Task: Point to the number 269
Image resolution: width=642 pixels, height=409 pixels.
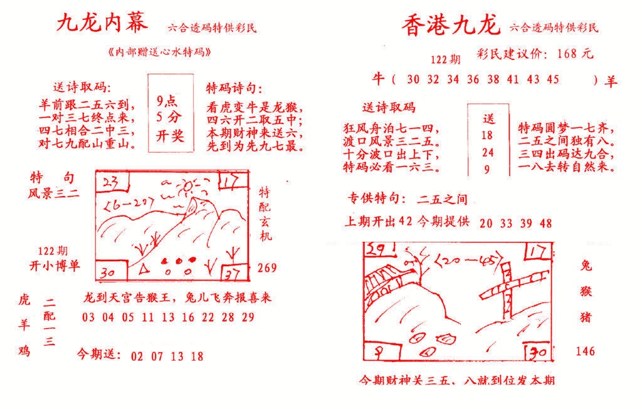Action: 268,268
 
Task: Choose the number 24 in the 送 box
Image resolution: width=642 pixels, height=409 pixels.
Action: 488,152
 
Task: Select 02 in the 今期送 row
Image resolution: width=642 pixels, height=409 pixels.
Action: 137,356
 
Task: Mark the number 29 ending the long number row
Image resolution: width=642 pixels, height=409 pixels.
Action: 248,317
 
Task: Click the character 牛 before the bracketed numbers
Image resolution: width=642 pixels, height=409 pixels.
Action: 377,79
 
